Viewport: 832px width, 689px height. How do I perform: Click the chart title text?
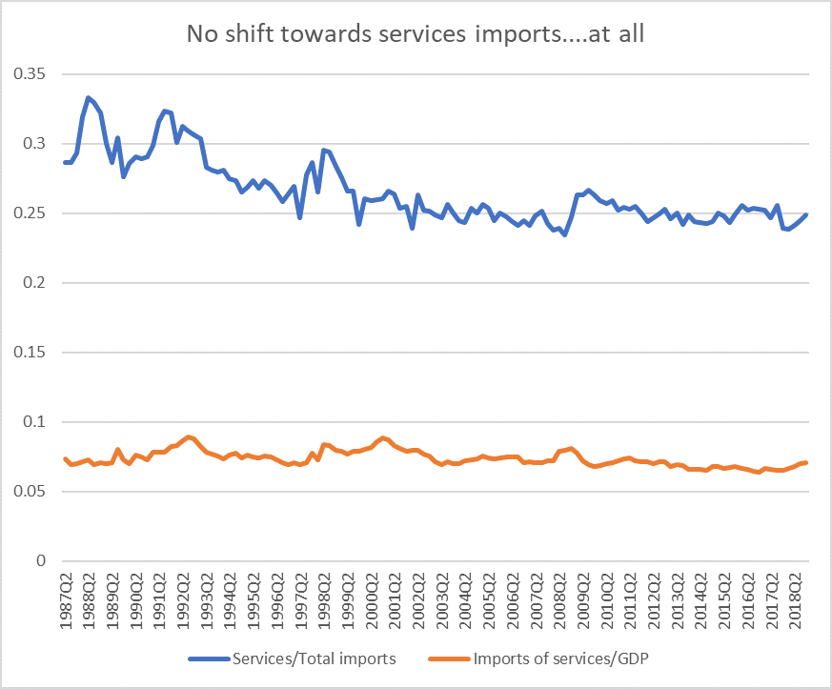(x=416, y=35)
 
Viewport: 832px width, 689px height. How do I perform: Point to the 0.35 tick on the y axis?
(x=30, y=74)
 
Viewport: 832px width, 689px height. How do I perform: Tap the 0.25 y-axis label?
(x=30, y=213)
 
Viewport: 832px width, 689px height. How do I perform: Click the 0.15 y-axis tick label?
(x=30, y=353)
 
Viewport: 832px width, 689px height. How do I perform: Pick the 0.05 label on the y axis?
(x=30, y=492)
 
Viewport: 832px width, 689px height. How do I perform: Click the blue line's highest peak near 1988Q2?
(x=88, y=97)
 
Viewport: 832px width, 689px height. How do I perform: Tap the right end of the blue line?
(x=807, y=214)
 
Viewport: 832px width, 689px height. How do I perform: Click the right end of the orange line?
(x=807, y=462)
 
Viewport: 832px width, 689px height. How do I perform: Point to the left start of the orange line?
(x=65, y=458)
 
